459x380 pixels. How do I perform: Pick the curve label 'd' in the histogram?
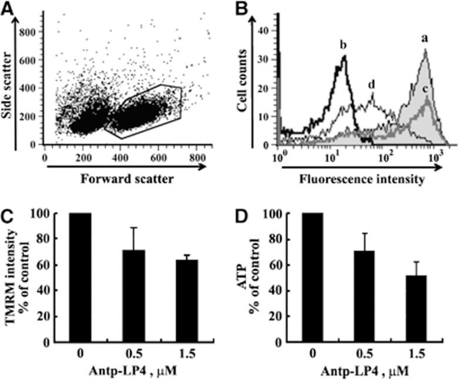(371, 84)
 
